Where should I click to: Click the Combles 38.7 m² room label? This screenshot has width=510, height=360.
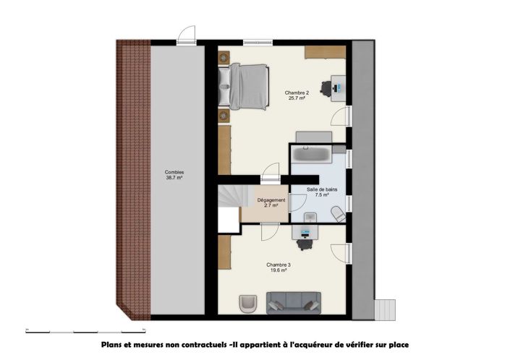[x=174, y=174]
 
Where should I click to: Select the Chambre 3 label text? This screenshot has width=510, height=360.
[x=279, y=267]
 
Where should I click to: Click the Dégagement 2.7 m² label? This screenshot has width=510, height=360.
[x=271, y=202]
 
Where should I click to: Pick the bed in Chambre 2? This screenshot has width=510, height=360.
[x=246, y=86]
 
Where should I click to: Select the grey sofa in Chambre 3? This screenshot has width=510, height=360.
[x=294, y=302]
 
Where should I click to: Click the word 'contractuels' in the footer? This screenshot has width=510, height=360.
[x=195, y=345]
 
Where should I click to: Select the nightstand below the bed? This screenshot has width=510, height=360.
[x=224, y=116]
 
